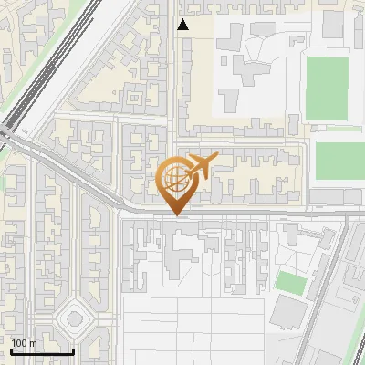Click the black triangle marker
coord(182,25)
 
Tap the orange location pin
coord(176,182)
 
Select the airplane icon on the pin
coord(200,167)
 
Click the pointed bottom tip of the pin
coord(176,214)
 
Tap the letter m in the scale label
coord(33,343)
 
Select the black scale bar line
coord(41,351)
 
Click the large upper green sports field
coord(327,89)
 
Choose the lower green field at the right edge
coord(339,161)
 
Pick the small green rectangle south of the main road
coord(290,283)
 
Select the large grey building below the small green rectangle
coord(288,315)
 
